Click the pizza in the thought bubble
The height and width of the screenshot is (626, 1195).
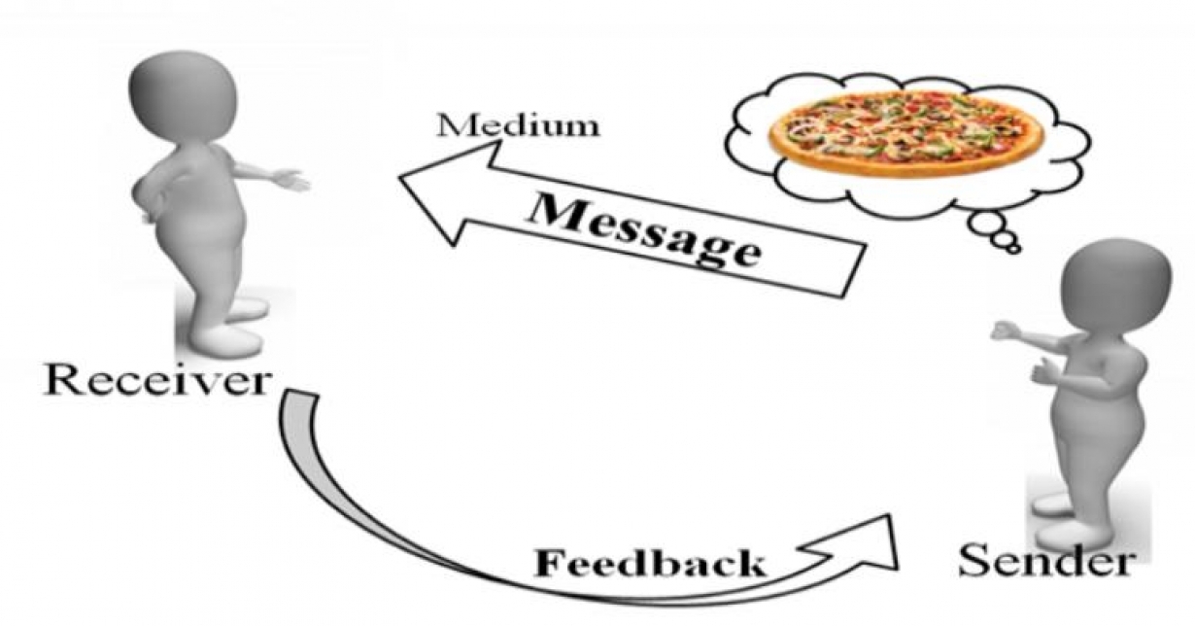906,133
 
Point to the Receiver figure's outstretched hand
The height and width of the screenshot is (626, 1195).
289,180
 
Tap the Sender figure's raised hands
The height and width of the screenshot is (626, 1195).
1020,350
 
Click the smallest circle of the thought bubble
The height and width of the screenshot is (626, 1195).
1013,249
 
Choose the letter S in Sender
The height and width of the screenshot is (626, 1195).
974,561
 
